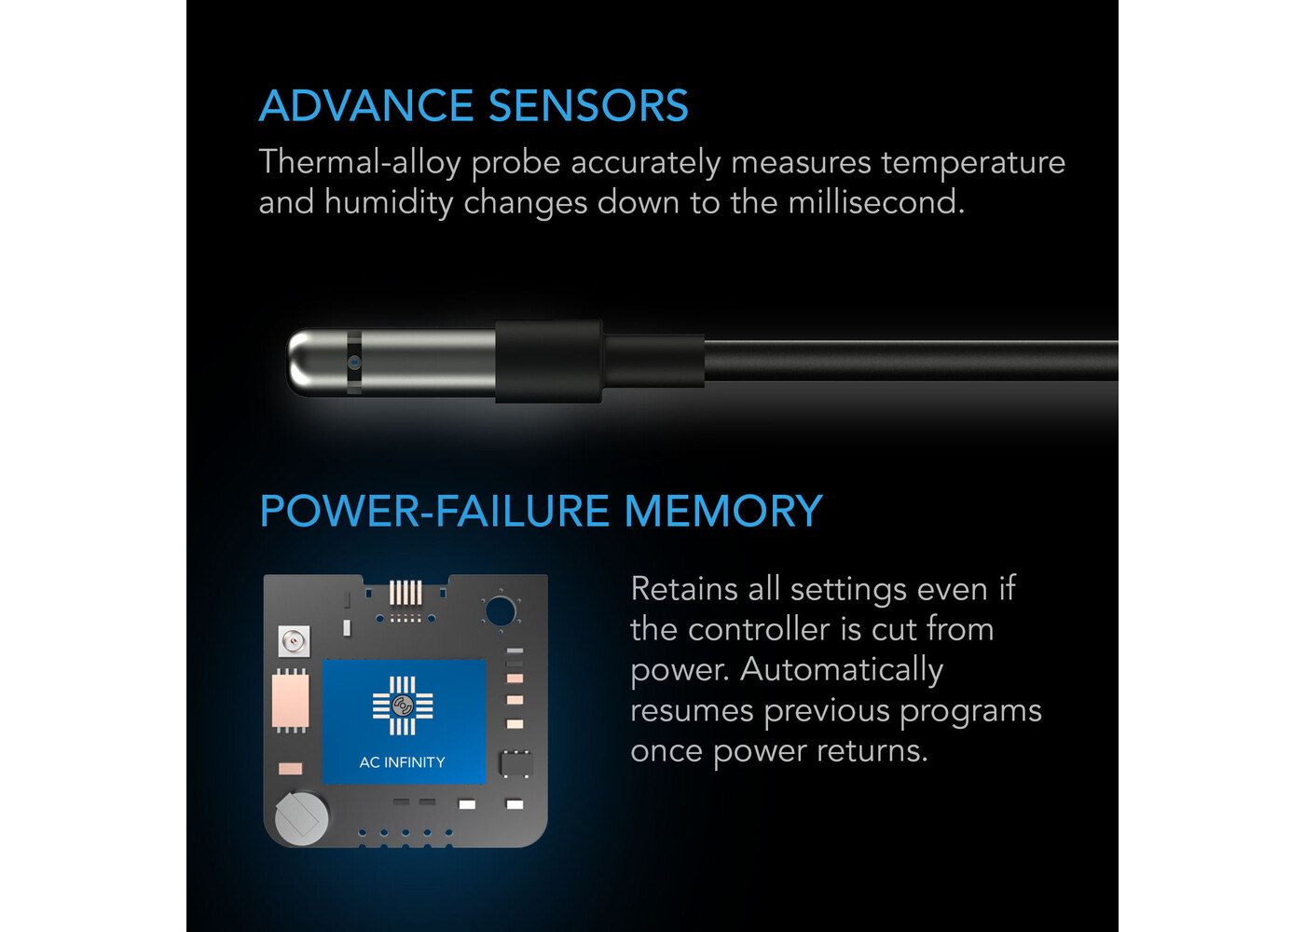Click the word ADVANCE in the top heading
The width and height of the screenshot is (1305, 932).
pos(365,106)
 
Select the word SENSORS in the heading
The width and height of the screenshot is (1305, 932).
pos(588,106)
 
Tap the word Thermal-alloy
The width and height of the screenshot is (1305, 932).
pos(360,162)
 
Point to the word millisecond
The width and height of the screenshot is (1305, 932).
pos(876,202)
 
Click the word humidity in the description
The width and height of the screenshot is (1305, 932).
pos(389,203)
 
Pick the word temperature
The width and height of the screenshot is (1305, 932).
pos(973,162)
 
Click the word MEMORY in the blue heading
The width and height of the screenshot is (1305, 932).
pos(723,511)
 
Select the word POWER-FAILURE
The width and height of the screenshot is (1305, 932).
pos(434,511)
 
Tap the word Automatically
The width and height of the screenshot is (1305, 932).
pos(841,670)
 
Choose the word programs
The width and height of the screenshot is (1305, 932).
pos(970,712)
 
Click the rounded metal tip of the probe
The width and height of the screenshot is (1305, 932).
pos(302,363)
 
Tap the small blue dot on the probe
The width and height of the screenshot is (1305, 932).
pos(354,363)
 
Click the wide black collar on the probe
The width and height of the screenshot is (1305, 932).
pos(548,362)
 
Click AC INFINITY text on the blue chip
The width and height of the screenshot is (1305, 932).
pos(402,762)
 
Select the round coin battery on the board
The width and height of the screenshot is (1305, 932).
pos(301,818)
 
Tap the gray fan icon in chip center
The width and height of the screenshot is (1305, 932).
pos(402,706)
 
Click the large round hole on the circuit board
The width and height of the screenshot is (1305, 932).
pos(500,611)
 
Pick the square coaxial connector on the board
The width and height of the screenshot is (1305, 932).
pos(295,642)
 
